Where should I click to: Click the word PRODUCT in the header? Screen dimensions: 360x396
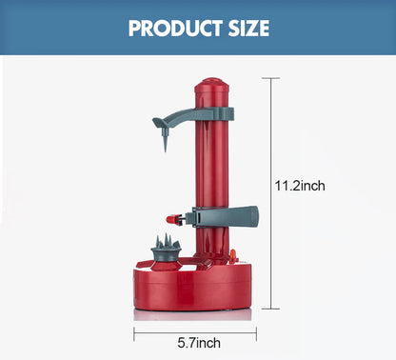[x=167, y=27]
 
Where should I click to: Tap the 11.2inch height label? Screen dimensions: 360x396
[x=300, y=187]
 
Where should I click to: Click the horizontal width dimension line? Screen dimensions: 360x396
[x=162, y=332]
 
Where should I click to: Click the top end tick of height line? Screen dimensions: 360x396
[x=275, y=79]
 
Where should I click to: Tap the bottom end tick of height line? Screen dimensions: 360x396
[x=275, y=309]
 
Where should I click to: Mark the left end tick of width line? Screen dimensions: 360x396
[x=134, y=332]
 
